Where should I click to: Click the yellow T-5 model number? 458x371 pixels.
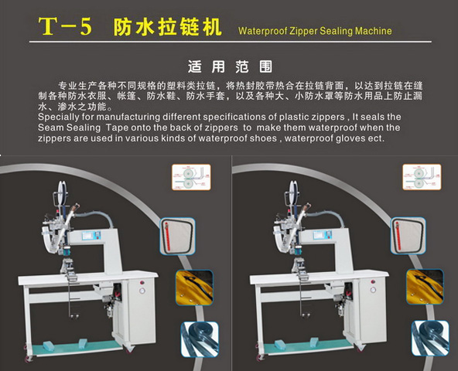65,26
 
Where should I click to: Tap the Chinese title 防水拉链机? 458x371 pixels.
167,27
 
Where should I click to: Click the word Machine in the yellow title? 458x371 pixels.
374,31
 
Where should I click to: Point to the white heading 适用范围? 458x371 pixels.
230,66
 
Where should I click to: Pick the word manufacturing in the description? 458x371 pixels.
128,117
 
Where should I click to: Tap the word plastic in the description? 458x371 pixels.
293,117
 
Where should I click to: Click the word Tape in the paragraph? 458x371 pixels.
117,128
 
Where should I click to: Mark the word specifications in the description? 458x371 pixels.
240,117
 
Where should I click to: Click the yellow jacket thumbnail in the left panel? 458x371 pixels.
194,288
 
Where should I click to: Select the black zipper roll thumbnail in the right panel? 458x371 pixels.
430,339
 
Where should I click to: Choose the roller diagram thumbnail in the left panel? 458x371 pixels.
191,177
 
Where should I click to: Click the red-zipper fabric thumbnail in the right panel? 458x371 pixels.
408,236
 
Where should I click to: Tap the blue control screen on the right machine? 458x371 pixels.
322,234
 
